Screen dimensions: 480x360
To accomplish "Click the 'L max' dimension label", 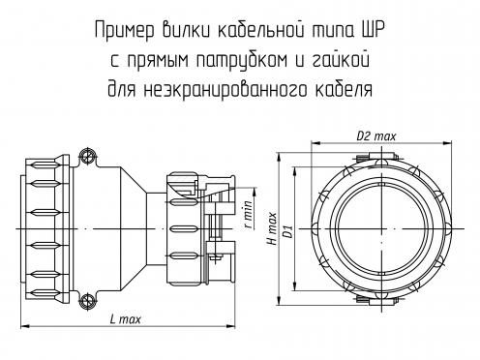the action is click(x=126, y=319).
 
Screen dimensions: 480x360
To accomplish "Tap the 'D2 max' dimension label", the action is click(x=375, y=136).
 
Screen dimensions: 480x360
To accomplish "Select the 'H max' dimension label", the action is click(x=273, y=228).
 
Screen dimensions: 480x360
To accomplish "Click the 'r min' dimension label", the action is click(x=248, y=215).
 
